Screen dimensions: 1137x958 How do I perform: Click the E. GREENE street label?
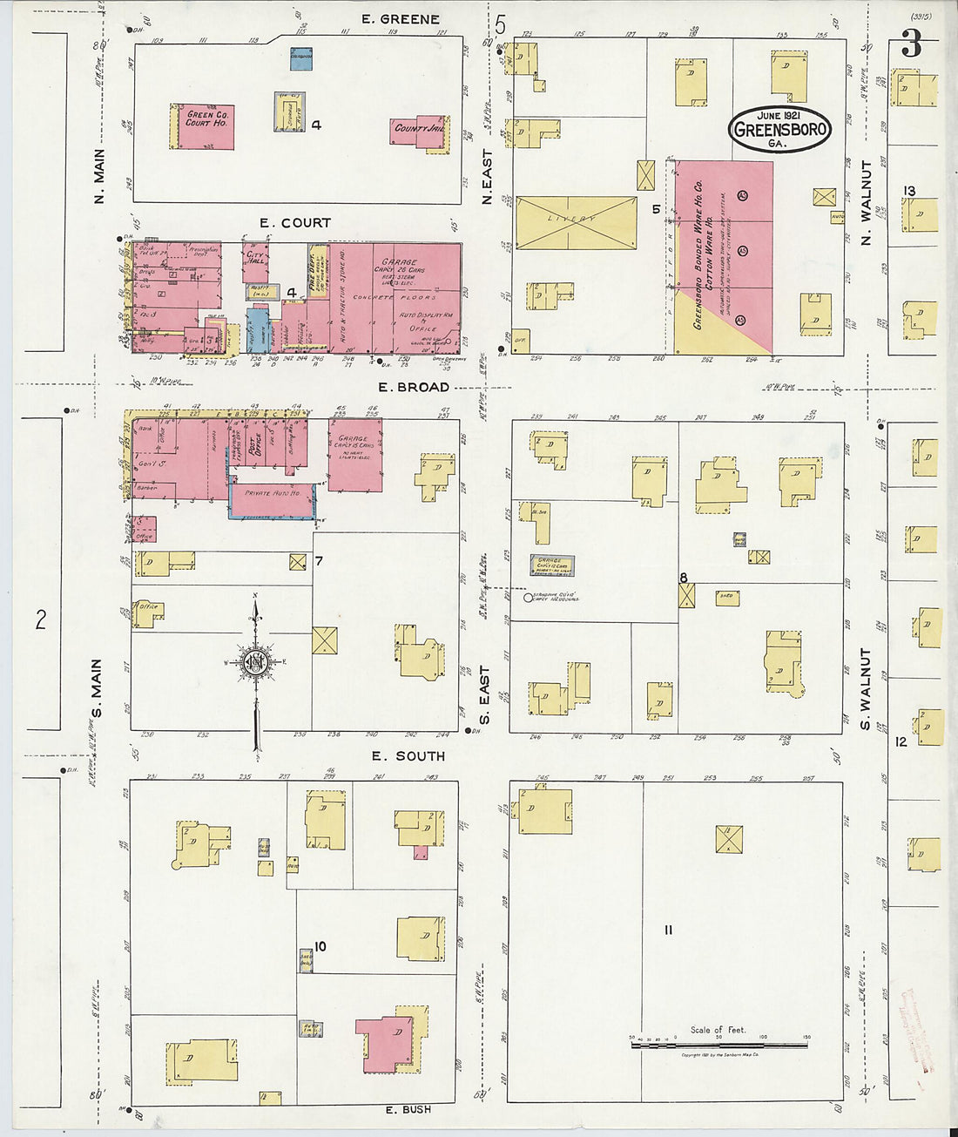pyautogui.click(x=401, y=19)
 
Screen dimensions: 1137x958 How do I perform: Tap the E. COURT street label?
pyautogui.click(x=295, y=223)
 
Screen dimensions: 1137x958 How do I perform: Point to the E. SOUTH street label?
pyautogui.click(x=408, y=755)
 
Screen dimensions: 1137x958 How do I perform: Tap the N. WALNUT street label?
pyautogui.click(x=866, y=202)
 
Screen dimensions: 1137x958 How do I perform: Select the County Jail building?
pyautogui.click(x=419, y=130)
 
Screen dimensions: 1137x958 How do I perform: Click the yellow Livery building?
pyautogui.click(x=576, y=222)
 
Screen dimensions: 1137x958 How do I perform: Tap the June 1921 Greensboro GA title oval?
pyautogui.click(x=780, y=129)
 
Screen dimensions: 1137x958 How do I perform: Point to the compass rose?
pyautogui.click(x=255, y=664)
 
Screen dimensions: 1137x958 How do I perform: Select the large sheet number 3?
pyautogui.click(x=911, y=44)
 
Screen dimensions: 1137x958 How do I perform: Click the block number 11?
pyautogui.click(x=668, y=931)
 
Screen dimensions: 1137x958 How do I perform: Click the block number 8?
pyautogui.click(x=684, y=577)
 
